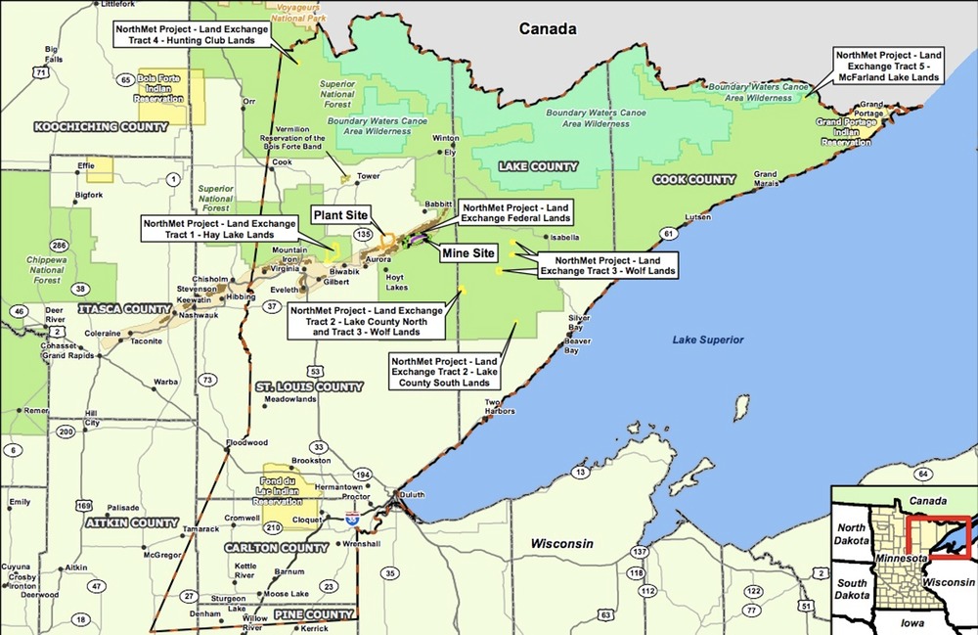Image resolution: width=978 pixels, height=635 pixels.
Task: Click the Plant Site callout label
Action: (x=339, y=213)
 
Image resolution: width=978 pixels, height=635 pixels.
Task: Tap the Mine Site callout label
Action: (x=467, y=252)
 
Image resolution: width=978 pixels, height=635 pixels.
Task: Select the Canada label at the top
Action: (x=548, y=28)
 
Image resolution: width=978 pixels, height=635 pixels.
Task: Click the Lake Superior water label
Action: (x=708, y=340)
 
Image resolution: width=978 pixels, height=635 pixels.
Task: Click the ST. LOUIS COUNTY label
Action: (x=309, y=387)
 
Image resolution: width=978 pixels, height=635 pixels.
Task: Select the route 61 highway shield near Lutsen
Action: (x=668, y=234)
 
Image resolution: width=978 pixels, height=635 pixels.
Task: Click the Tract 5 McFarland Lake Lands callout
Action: (x=888, y=66)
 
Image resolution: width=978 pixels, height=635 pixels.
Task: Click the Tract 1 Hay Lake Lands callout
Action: (x=219, y=229)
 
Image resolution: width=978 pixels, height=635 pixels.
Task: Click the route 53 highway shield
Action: (x=315, y=371)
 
